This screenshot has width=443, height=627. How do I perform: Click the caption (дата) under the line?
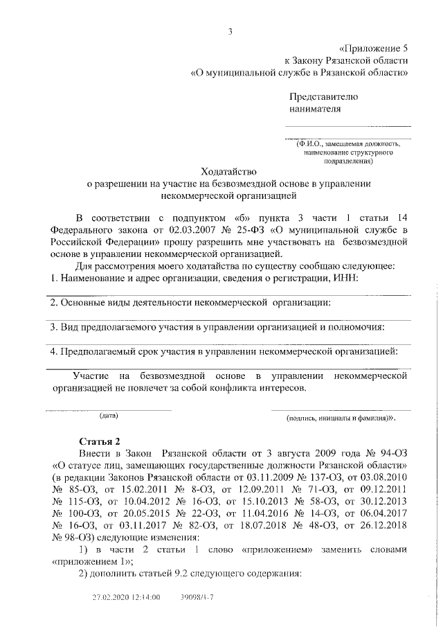109,416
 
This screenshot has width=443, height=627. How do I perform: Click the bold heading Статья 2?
100,441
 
